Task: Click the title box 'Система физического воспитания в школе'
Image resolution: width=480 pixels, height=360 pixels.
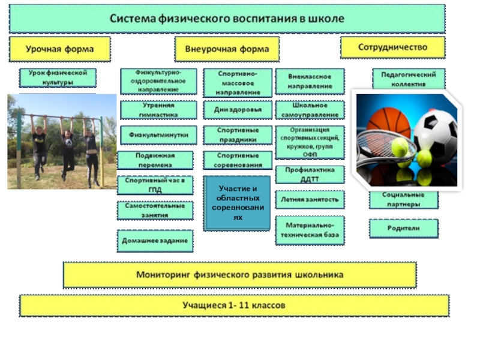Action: click(227, 19)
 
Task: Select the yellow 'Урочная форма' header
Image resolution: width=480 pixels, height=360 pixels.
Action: click(59, 48)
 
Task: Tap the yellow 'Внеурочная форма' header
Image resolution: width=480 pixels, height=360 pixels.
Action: click(227, 49)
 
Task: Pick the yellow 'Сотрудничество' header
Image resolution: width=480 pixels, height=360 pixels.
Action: click(392, 47)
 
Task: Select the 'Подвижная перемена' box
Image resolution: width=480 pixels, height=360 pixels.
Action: click(155, 160)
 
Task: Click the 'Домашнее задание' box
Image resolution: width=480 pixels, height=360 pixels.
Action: click(155, 240)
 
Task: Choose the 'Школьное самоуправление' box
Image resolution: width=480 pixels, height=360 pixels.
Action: click(310, 110)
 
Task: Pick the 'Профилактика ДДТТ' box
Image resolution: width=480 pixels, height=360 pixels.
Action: click(310, 174)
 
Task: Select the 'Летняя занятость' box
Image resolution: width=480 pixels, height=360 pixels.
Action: click(310, 198)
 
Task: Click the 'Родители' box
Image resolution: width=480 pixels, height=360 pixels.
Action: click(403, 228)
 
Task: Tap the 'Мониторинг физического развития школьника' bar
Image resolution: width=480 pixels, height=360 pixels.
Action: click(239, 275)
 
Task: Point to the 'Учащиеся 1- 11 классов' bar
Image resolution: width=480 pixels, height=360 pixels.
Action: click(234, 305)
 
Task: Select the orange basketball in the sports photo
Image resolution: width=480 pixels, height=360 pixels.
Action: click(388, 123)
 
